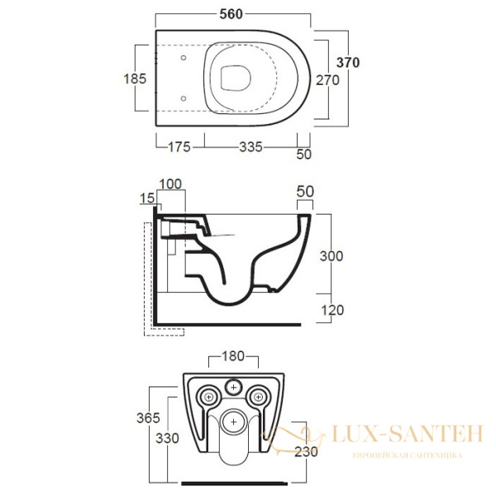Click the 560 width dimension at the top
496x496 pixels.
click(231, 14)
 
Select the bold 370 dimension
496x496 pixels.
click(348, 63)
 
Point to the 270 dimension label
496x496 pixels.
click(327, 80)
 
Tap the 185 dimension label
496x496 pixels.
click(135, 79)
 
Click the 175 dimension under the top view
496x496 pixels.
click(179, 147)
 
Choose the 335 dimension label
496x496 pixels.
click(250, 147)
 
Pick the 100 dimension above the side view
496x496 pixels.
click(170, 184)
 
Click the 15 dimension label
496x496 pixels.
click(147, 198)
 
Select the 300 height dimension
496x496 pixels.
click(331, 256)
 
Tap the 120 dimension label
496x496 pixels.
click(332, 310)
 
